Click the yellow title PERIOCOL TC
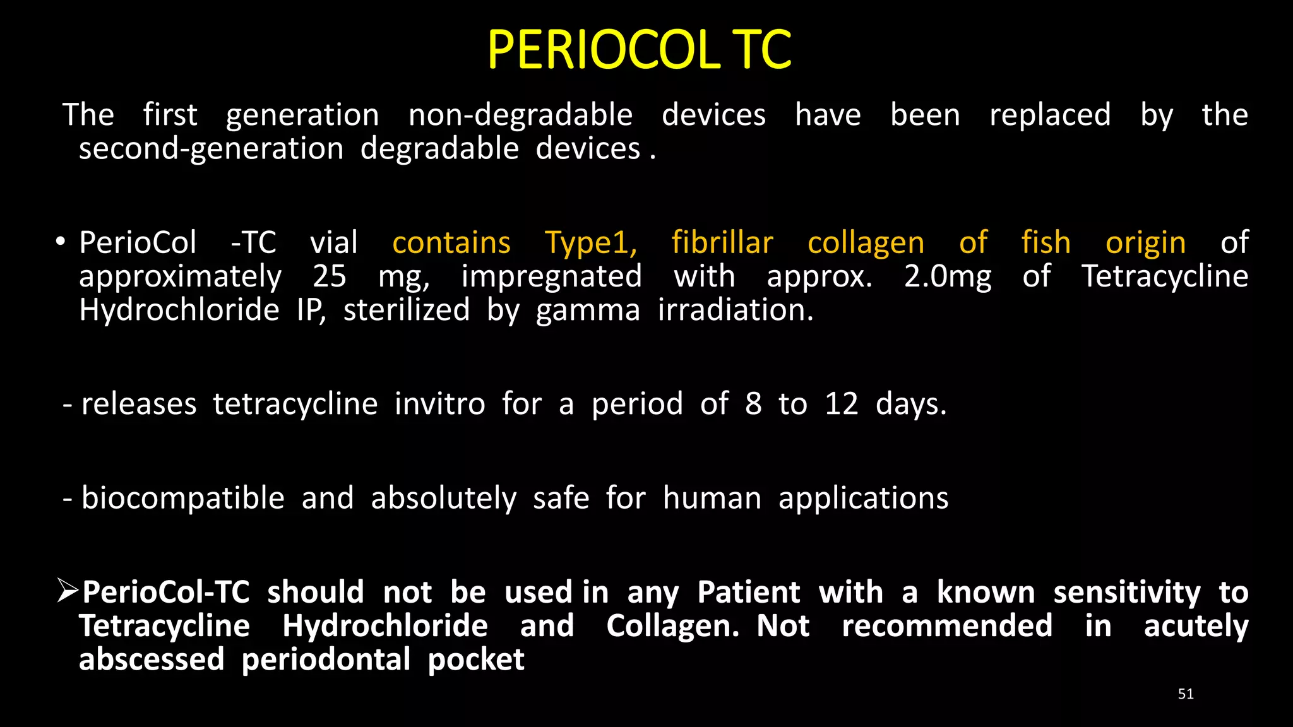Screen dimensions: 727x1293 [x=639, y=50]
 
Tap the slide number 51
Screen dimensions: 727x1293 [x=1186, y=694]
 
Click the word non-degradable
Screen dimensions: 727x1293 [x=520, y=115]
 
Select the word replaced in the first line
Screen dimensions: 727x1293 [x=1050, y=115]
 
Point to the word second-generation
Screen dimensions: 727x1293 [x=211, y=149]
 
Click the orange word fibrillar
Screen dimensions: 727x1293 [x=722, y=243]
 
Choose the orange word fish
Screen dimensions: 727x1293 [x=1046, y=243]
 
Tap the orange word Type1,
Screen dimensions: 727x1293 [x=591, y=243]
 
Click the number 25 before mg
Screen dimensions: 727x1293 [x=330, y=276]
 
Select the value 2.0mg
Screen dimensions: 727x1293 [x=948, y=276]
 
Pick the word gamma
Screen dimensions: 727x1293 [x=588, y=310]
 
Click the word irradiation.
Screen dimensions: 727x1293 [x=736, y=310]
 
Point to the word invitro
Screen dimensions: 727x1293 [x=440, y=404]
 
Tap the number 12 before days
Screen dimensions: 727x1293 [x=842, y=404]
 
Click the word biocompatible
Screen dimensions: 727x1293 [x=183, y=498]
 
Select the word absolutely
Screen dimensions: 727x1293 [x=443, y=498]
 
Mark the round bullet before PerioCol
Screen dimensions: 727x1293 [x=60, y=242]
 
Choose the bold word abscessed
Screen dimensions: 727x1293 [x=152, y=659]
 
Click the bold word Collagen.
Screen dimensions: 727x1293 [x=672, y=626]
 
